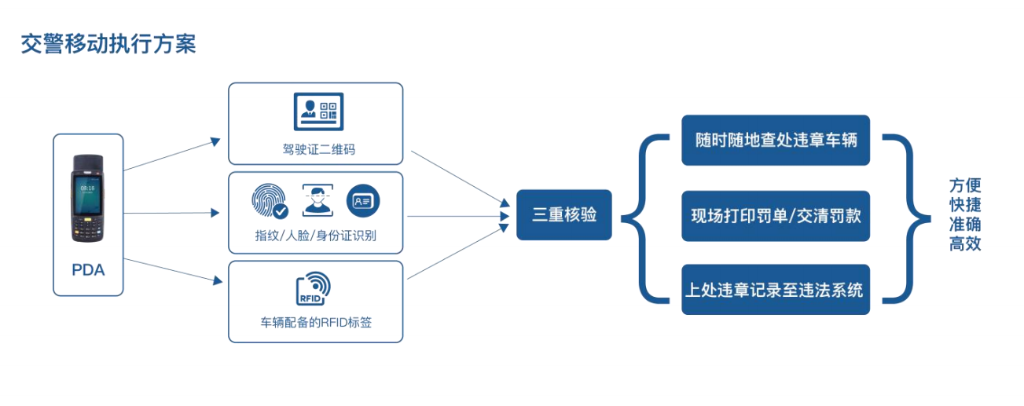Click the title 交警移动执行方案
[108, 44]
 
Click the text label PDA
[88, 270]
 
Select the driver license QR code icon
[318, 111]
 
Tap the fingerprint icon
[269, 200]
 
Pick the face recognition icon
[317, 199]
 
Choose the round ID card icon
[363, 200]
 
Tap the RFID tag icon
[313, 288]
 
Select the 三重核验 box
[563, 214]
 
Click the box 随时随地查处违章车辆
[775, 141]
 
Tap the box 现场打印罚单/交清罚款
[775, 215]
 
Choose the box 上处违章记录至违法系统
[775, 290]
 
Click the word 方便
[965, 186]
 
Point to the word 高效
[965, 243]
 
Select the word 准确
[965, 225]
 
